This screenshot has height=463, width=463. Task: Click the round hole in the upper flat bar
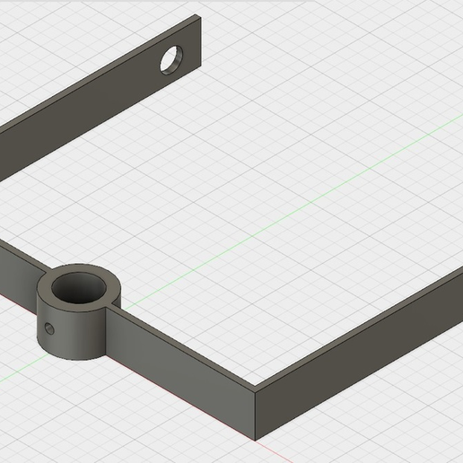tap(170, 59)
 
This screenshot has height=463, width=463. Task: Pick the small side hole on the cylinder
tap(49, 329)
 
